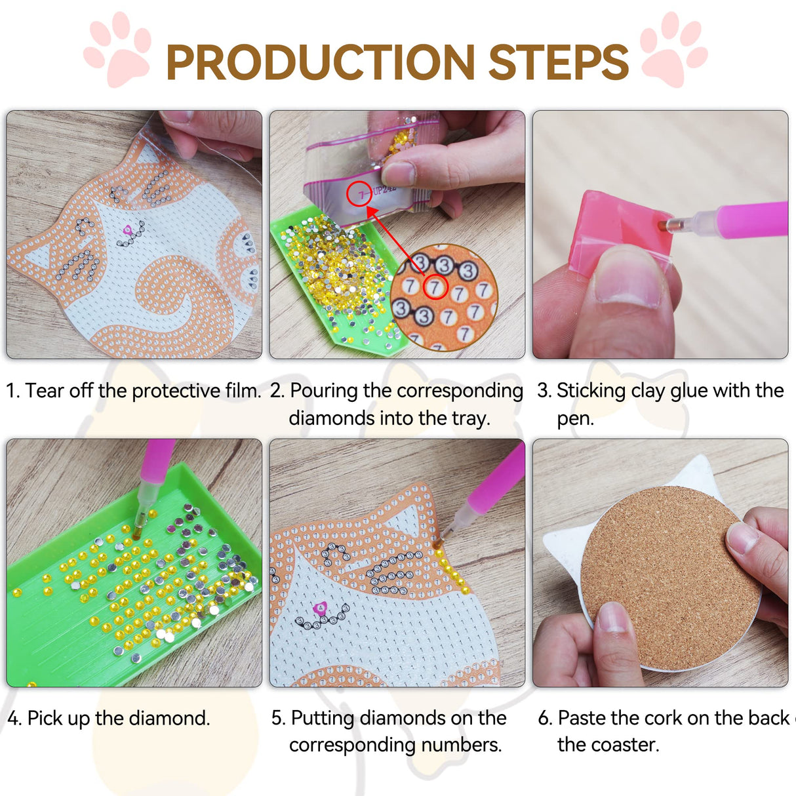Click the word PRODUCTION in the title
click(x=320, y=62)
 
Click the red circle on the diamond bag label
click(x=359, y=193)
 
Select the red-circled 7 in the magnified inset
click(x=433, y=287)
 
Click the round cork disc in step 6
click(x=669, y=577)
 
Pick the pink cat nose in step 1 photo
click(x=128, y=229)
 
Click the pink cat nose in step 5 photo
click(x=321, y=608)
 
